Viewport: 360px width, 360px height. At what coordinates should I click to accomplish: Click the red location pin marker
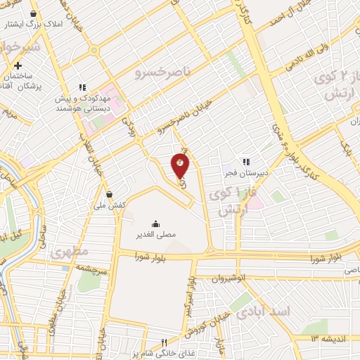180,166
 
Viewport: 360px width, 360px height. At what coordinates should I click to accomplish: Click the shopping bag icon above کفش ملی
109,194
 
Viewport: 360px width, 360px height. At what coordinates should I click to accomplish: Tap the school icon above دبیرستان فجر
245,160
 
